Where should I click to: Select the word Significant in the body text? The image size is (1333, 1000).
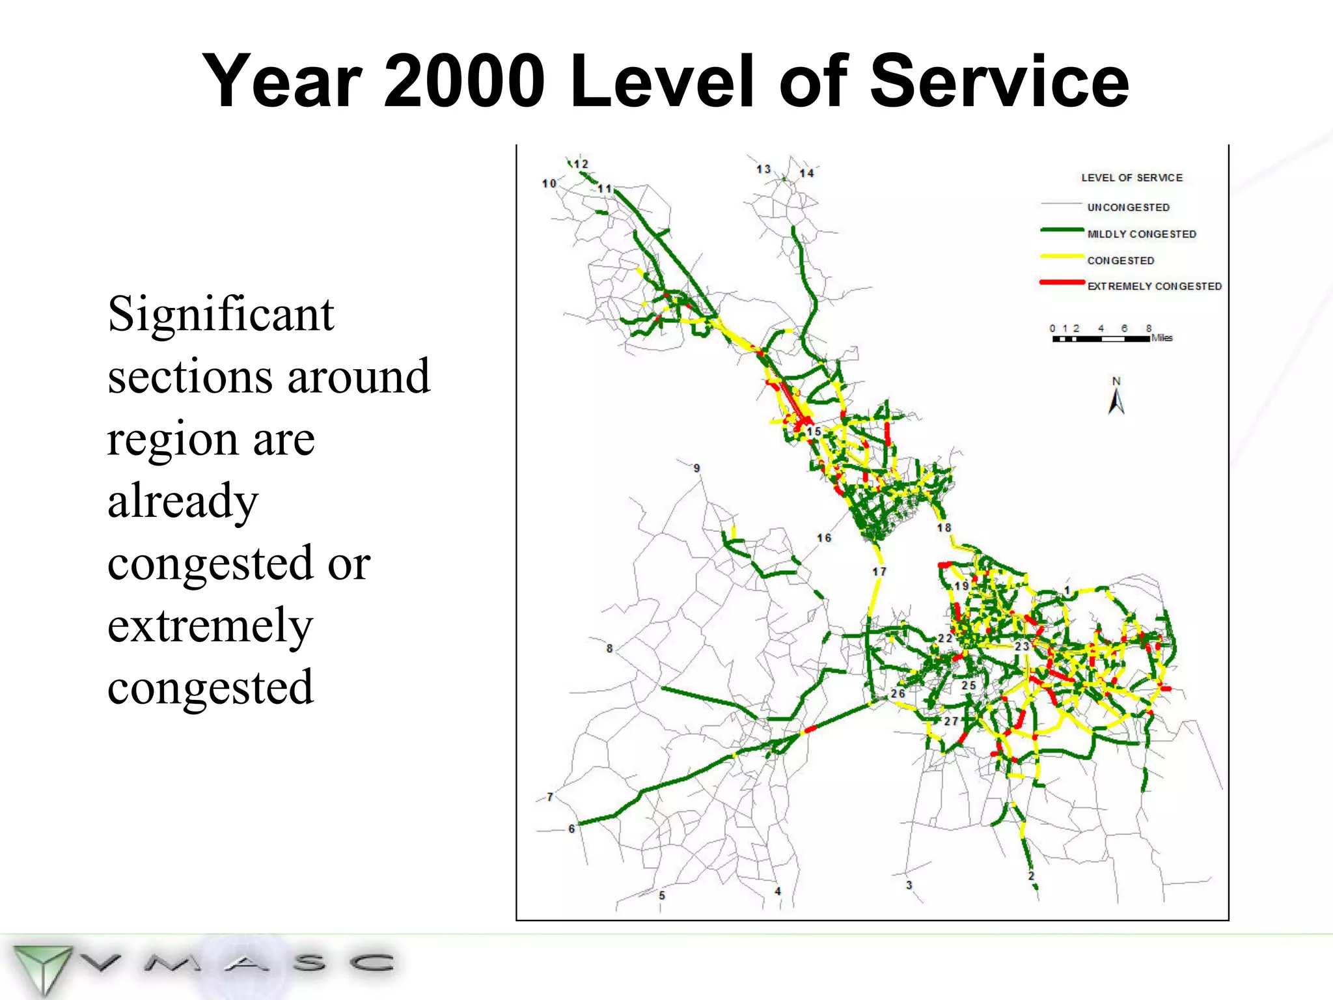(221, 314)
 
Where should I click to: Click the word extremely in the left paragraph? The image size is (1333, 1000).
(210, 625)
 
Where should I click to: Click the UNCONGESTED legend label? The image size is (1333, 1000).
(1128, 207)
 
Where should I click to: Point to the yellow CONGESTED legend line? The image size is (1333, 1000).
(1062, 257)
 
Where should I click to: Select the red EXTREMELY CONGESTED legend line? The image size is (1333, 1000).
(1062, 283)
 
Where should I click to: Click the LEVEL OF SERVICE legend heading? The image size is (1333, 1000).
(1132, 177)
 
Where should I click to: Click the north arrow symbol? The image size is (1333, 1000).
(1116, 399)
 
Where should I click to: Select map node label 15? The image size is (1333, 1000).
(814, 431)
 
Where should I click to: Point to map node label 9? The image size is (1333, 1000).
(696, 468)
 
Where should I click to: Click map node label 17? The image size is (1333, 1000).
(879, 571)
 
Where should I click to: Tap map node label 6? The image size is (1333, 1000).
(571, 829)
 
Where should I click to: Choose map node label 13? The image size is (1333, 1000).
(763, 169)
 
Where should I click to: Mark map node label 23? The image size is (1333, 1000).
(1022, 646)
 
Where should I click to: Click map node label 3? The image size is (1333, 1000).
(909, 885)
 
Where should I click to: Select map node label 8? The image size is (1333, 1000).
(609, 648)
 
